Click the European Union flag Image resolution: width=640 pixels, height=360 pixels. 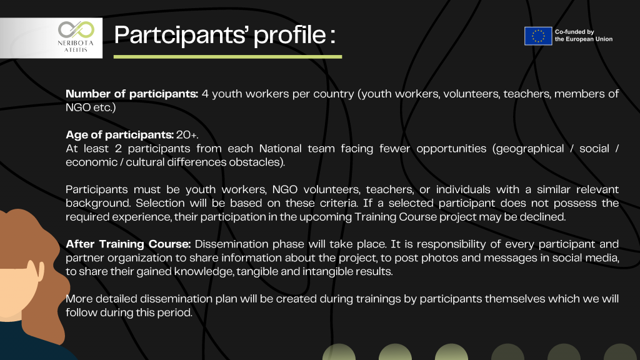[538, 36]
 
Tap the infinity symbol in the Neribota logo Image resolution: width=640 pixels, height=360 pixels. [76, 29]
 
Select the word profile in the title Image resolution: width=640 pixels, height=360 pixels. [290, 36]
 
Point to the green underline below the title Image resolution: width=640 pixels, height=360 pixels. [227, 57]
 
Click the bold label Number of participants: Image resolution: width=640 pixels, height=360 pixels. [132, 94]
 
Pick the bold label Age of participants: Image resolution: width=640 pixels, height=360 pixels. [119, 135]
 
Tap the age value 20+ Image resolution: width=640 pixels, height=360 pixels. [187, 135]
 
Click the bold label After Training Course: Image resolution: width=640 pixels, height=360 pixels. [128, 244]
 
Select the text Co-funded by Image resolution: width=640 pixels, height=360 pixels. [574, 32]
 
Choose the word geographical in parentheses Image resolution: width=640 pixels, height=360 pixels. [528, 149]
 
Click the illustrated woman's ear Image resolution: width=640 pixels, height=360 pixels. [41, 270]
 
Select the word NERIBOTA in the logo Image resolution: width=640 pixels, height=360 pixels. [76, 43]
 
